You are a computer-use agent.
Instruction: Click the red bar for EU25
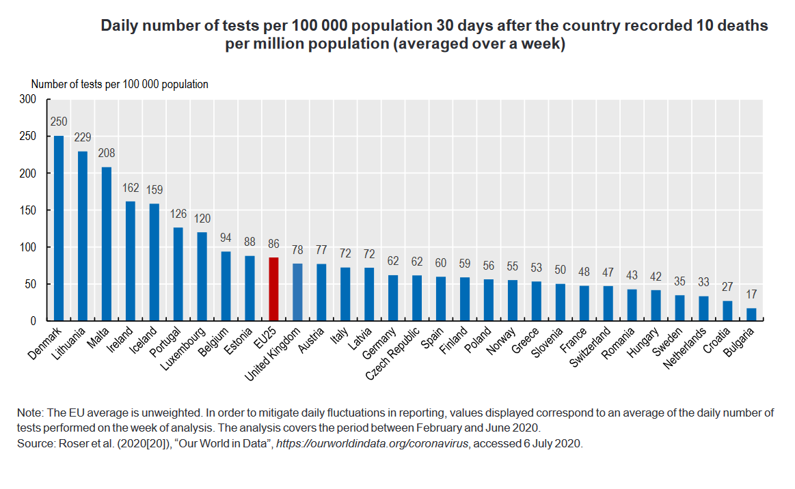[x=273, y=289]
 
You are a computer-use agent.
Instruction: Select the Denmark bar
[x=59, y=228]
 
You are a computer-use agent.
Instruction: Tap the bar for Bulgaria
[x=751, y=314]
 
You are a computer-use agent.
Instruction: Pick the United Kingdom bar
[x=297, y=292]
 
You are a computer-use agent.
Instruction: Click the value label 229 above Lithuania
[x=83, y=137]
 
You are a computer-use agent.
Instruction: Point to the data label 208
[x=107, y=153]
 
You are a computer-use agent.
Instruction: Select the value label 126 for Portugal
[x=178, y=214]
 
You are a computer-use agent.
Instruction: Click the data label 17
[x=751, y=294]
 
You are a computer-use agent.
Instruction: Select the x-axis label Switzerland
[x=590, y=348]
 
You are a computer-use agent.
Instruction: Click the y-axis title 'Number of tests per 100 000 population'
[x=120, y=84]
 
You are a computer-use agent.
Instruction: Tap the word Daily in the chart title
[x=119, y=26]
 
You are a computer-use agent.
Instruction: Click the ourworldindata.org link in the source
[x=372, y=443]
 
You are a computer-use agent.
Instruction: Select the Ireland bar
[x=131, y=261]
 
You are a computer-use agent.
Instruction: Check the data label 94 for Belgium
[x=226, y=238]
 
